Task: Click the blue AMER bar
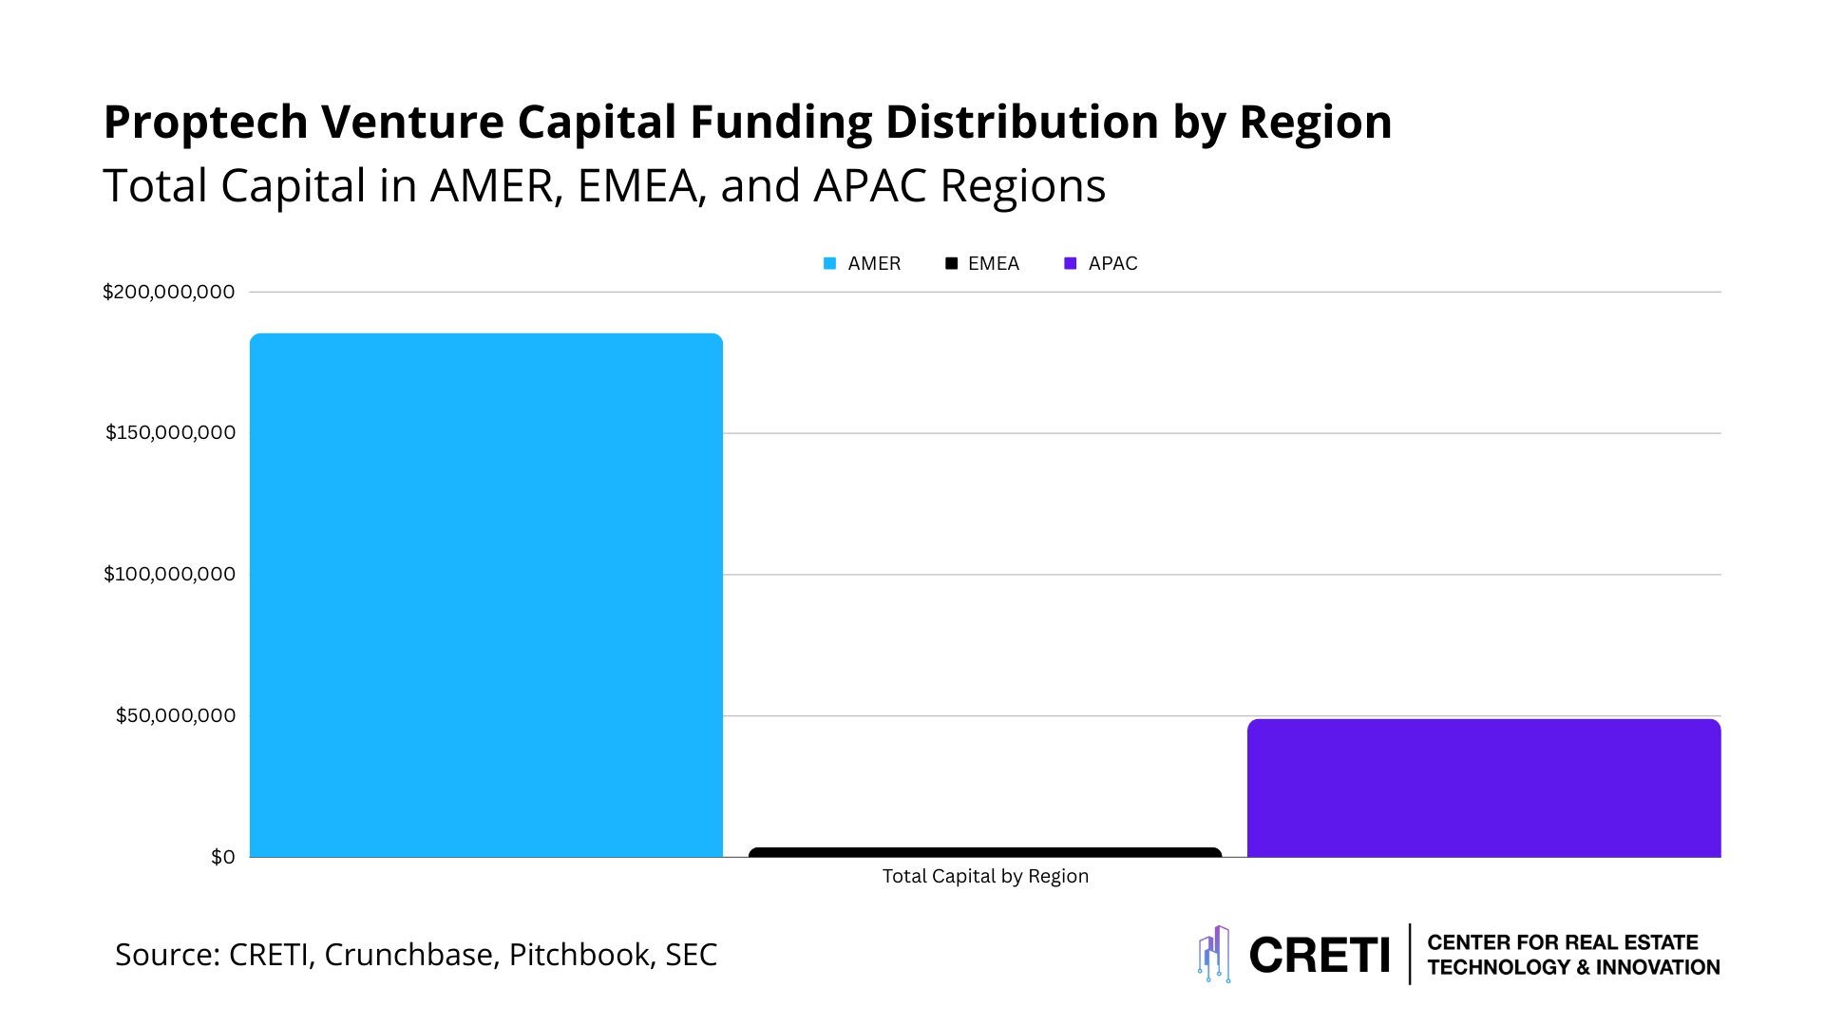coord(485,595)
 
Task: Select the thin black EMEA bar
coord(985,852)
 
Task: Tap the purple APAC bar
coord(1484,788)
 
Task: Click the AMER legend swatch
coord(830,264)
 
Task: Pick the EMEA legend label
coord(994,264)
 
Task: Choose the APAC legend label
coord(1112,264)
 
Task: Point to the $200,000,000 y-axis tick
coord(169,292)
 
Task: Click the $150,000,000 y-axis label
coord(170,433)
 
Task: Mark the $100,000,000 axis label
coord(170,574)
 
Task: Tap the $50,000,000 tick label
coord(176,715)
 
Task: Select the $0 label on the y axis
coord(223,857)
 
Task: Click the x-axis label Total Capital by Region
coord(985,876)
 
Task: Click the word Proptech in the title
coord(205,123)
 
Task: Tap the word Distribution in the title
coord(1021,123)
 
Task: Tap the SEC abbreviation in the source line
coord(691,955)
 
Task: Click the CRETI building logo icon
coord(1214,954)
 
